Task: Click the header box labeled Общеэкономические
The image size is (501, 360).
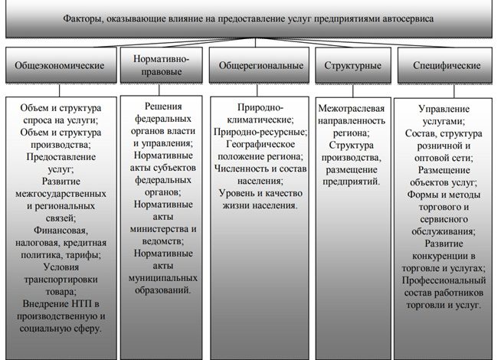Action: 60,66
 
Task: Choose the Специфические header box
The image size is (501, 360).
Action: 444,66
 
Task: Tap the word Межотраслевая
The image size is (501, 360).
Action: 350,110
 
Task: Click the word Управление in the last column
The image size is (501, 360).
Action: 444,110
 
